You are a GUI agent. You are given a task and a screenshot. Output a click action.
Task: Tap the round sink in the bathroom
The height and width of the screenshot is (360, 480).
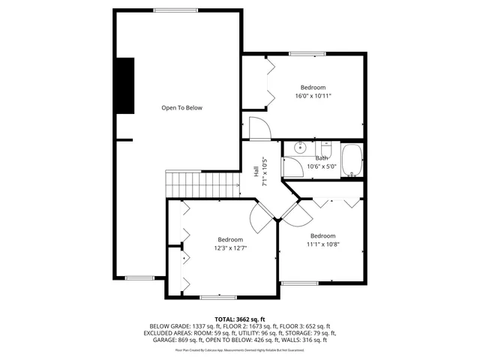pyautogui.click(x=298, y=147)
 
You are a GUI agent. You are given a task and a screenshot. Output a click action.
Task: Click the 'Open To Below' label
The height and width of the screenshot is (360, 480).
pyautogui.click(x=181, y=108)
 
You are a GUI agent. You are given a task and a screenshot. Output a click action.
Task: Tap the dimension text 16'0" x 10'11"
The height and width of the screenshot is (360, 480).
pyautogui.click(x=313, y=96)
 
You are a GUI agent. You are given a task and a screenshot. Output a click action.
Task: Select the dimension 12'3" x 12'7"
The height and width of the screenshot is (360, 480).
pyautogui.click(x=230, y=248)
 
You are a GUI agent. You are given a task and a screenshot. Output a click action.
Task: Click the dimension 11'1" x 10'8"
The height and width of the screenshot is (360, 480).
pyautogui.click(x=322, y=244)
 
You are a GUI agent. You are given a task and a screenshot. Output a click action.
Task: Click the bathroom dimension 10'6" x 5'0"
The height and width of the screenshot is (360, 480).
pyautogui.click(x=322, y=166)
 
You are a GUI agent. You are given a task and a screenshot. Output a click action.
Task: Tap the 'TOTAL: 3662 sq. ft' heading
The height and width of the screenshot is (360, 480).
pyautogui.click(x=239, y=319)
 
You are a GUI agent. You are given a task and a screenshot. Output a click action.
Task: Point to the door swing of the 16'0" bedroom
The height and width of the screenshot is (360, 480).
pyautogui.click(x=257, y=127)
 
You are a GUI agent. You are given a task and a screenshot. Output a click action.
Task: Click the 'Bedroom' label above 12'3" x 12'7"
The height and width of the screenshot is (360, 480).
pyautogui.click(x=230, y=239)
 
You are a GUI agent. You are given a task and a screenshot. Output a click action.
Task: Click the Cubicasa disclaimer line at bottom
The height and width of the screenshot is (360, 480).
pyautogui.click(x=239, y=349)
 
